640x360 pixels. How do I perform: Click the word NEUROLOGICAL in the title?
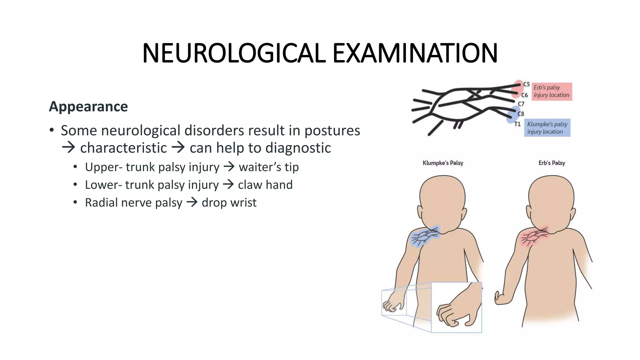pyautogui.click(x=234, y=53)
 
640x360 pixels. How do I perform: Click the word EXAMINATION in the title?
pyautogui.click(x=415, y=53)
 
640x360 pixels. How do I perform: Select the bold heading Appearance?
pyautogui.click(x=88, y=107)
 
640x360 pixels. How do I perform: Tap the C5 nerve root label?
pyautogui.click(x=527, y=84)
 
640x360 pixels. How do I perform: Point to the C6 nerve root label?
pyautogui.click(x=524, y=95)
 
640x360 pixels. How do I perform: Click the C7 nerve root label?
pyautogui.click(x=521, y=104)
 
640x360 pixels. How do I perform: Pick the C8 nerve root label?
pyautogui.click(x=521, y=114)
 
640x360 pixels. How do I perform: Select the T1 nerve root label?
pyautogui.click(x=517, y=124)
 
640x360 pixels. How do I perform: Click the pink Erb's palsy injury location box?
pyautogui.click(x=552, y=91)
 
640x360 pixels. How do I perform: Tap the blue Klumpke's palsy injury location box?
pyautogui.click(x=547, y=128)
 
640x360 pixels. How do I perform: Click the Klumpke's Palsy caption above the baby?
pyautogui.click(x=443, y=163)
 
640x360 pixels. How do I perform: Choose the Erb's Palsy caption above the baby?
pyautogui.click(x=552, y=163)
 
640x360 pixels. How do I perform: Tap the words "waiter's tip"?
pyautogui.click(x=269, y=167)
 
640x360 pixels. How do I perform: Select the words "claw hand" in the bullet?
pyautogui.click(x=265, y=185)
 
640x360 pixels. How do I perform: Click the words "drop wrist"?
pyautogui.click(x=229, y=203)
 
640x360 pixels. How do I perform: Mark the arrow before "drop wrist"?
pyautogui.click(x=192, y=202)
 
